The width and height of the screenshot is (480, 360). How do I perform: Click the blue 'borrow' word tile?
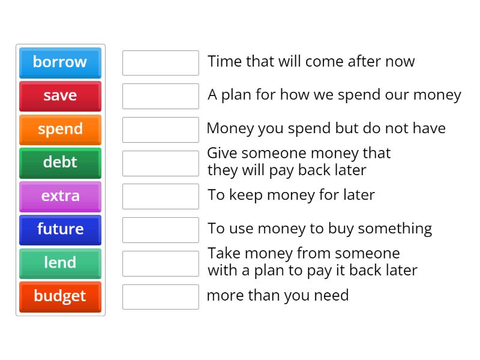point(60,62)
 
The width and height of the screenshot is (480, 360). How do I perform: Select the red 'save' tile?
point(60,96)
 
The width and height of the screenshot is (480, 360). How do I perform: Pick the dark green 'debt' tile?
point(60,163)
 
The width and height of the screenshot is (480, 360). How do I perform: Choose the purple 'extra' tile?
point(60,196)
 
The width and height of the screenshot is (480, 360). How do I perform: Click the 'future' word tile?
point(60,229)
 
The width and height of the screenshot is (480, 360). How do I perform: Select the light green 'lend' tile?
point(60,263)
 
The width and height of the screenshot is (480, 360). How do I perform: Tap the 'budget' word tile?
point(60,296)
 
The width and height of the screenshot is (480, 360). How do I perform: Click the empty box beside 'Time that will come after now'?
point(160,62)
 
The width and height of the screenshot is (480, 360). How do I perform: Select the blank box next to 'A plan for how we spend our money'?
point(160,96)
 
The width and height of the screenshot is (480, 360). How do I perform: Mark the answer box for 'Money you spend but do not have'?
point(160,130)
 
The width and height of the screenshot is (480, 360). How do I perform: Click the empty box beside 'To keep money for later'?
point(160,196)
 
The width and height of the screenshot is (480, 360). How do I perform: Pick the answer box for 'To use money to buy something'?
point(160,230)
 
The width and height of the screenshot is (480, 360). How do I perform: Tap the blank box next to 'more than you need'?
point(160,296)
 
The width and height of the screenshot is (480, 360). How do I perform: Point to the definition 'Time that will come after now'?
point(311,62)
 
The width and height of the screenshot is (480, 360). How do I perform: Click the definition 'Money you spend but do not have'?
point(326,128)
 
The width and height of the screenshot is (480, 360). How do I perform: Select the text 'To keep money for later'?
point(291,195)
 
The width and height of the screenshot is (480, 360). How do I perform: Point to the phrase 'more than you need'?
point(277,295)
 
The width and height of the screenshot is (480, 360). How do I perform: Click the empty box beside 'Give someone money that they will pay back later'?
point(160,163)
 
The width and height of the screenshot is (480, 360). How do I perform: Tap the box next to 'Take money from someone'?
point(160,263)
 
